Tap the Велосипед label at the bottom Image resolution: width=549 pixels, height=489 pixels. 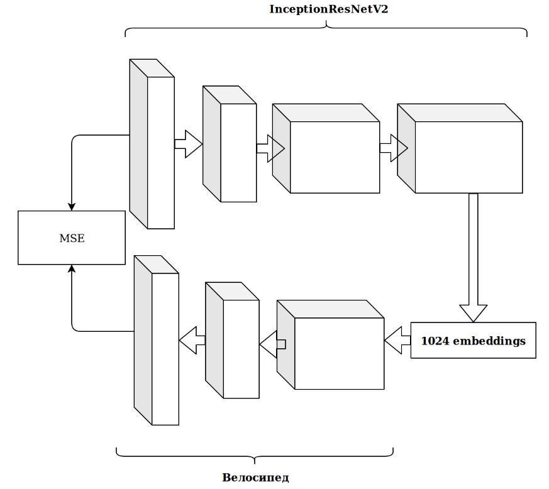point(255,478)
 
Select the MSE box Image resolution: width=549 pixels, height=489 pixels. point(72,238)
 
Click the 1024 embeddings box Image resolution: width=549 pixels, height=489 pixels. point(473,341)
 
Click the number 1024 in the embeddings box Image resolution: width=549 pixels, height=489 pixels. point(433,341)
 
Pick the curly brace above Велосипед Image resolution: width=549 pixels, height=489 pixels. point(255,453)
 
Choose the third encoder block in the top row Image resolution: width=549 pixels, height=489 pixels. point(334,157)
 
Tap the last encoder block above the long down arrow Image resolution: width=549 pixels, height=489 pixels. point(468,157)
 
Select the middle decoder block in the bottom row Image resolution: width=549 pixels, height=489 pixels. point(241,349)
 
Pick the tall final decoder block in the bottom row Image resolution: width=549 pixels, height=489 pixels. point(165,349)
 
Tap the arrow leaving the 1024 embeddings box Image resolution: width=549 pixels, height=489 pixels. point(397,341)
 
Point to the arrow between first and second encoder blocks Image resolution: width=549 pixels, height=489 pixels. point(188,145)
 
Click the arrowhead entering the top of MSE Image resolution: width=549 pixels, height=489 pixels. point(72,206)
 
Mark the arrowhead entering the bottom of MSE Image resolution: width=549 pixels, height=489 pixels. point(72,268)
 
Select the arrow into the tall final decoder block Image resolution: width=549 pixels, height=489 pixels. point(192,340)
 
